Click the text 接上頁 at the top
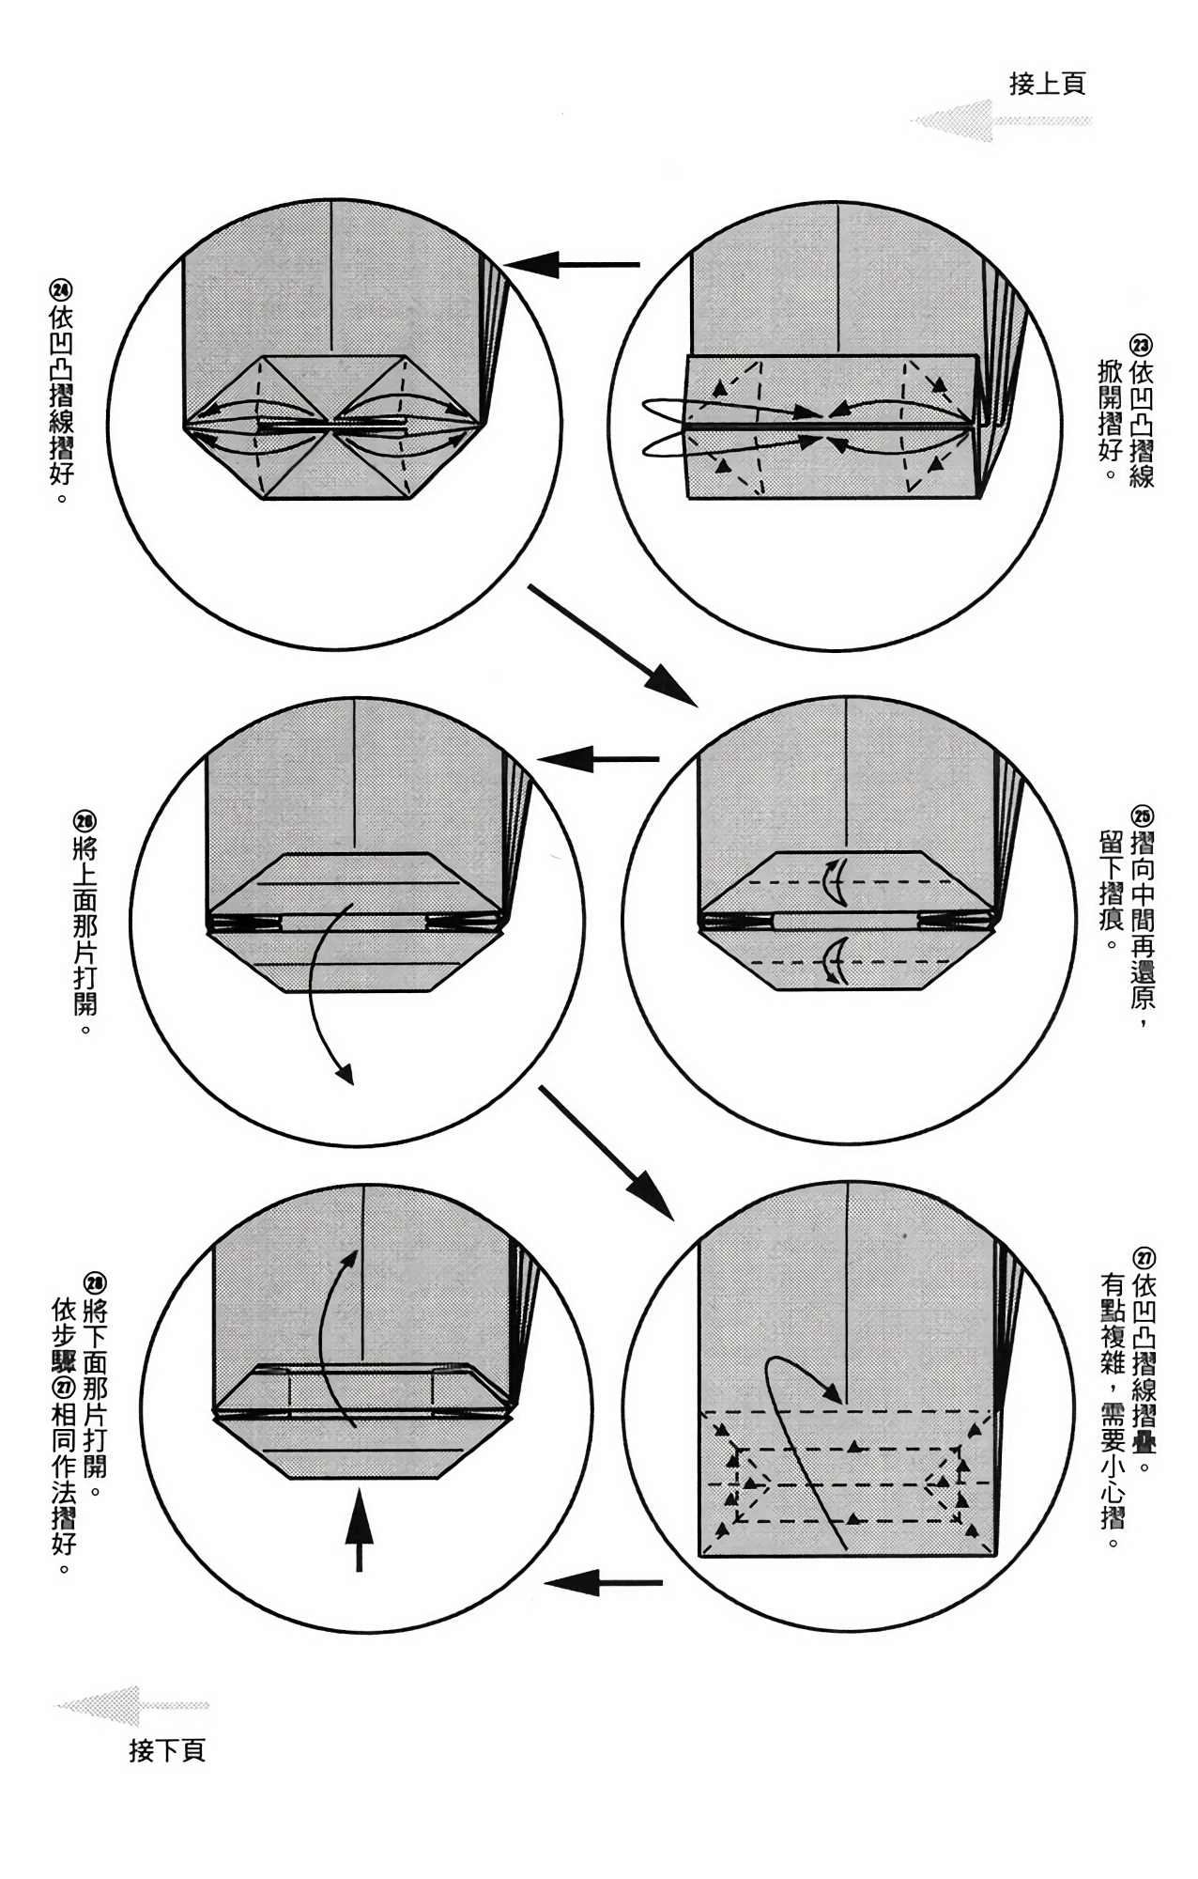tap(1047, 84)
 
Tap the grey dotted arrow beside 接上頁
tap(1000, 121)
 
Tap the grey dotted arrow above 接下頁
tap(131, 1705)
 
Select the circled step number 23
tap(1142, 345)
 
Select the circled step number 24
tap(62, 291)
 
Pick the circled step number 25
tap(1142, 815)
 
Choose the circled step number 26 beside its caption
tap(84, 821)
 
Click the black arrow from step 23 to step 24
tap(573, 265)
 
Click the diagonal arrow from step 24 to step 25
tap(611, 644)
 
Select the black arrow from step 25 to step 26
tap(597, 758)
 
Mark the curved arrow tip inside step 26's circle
tap(346, 1074)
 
